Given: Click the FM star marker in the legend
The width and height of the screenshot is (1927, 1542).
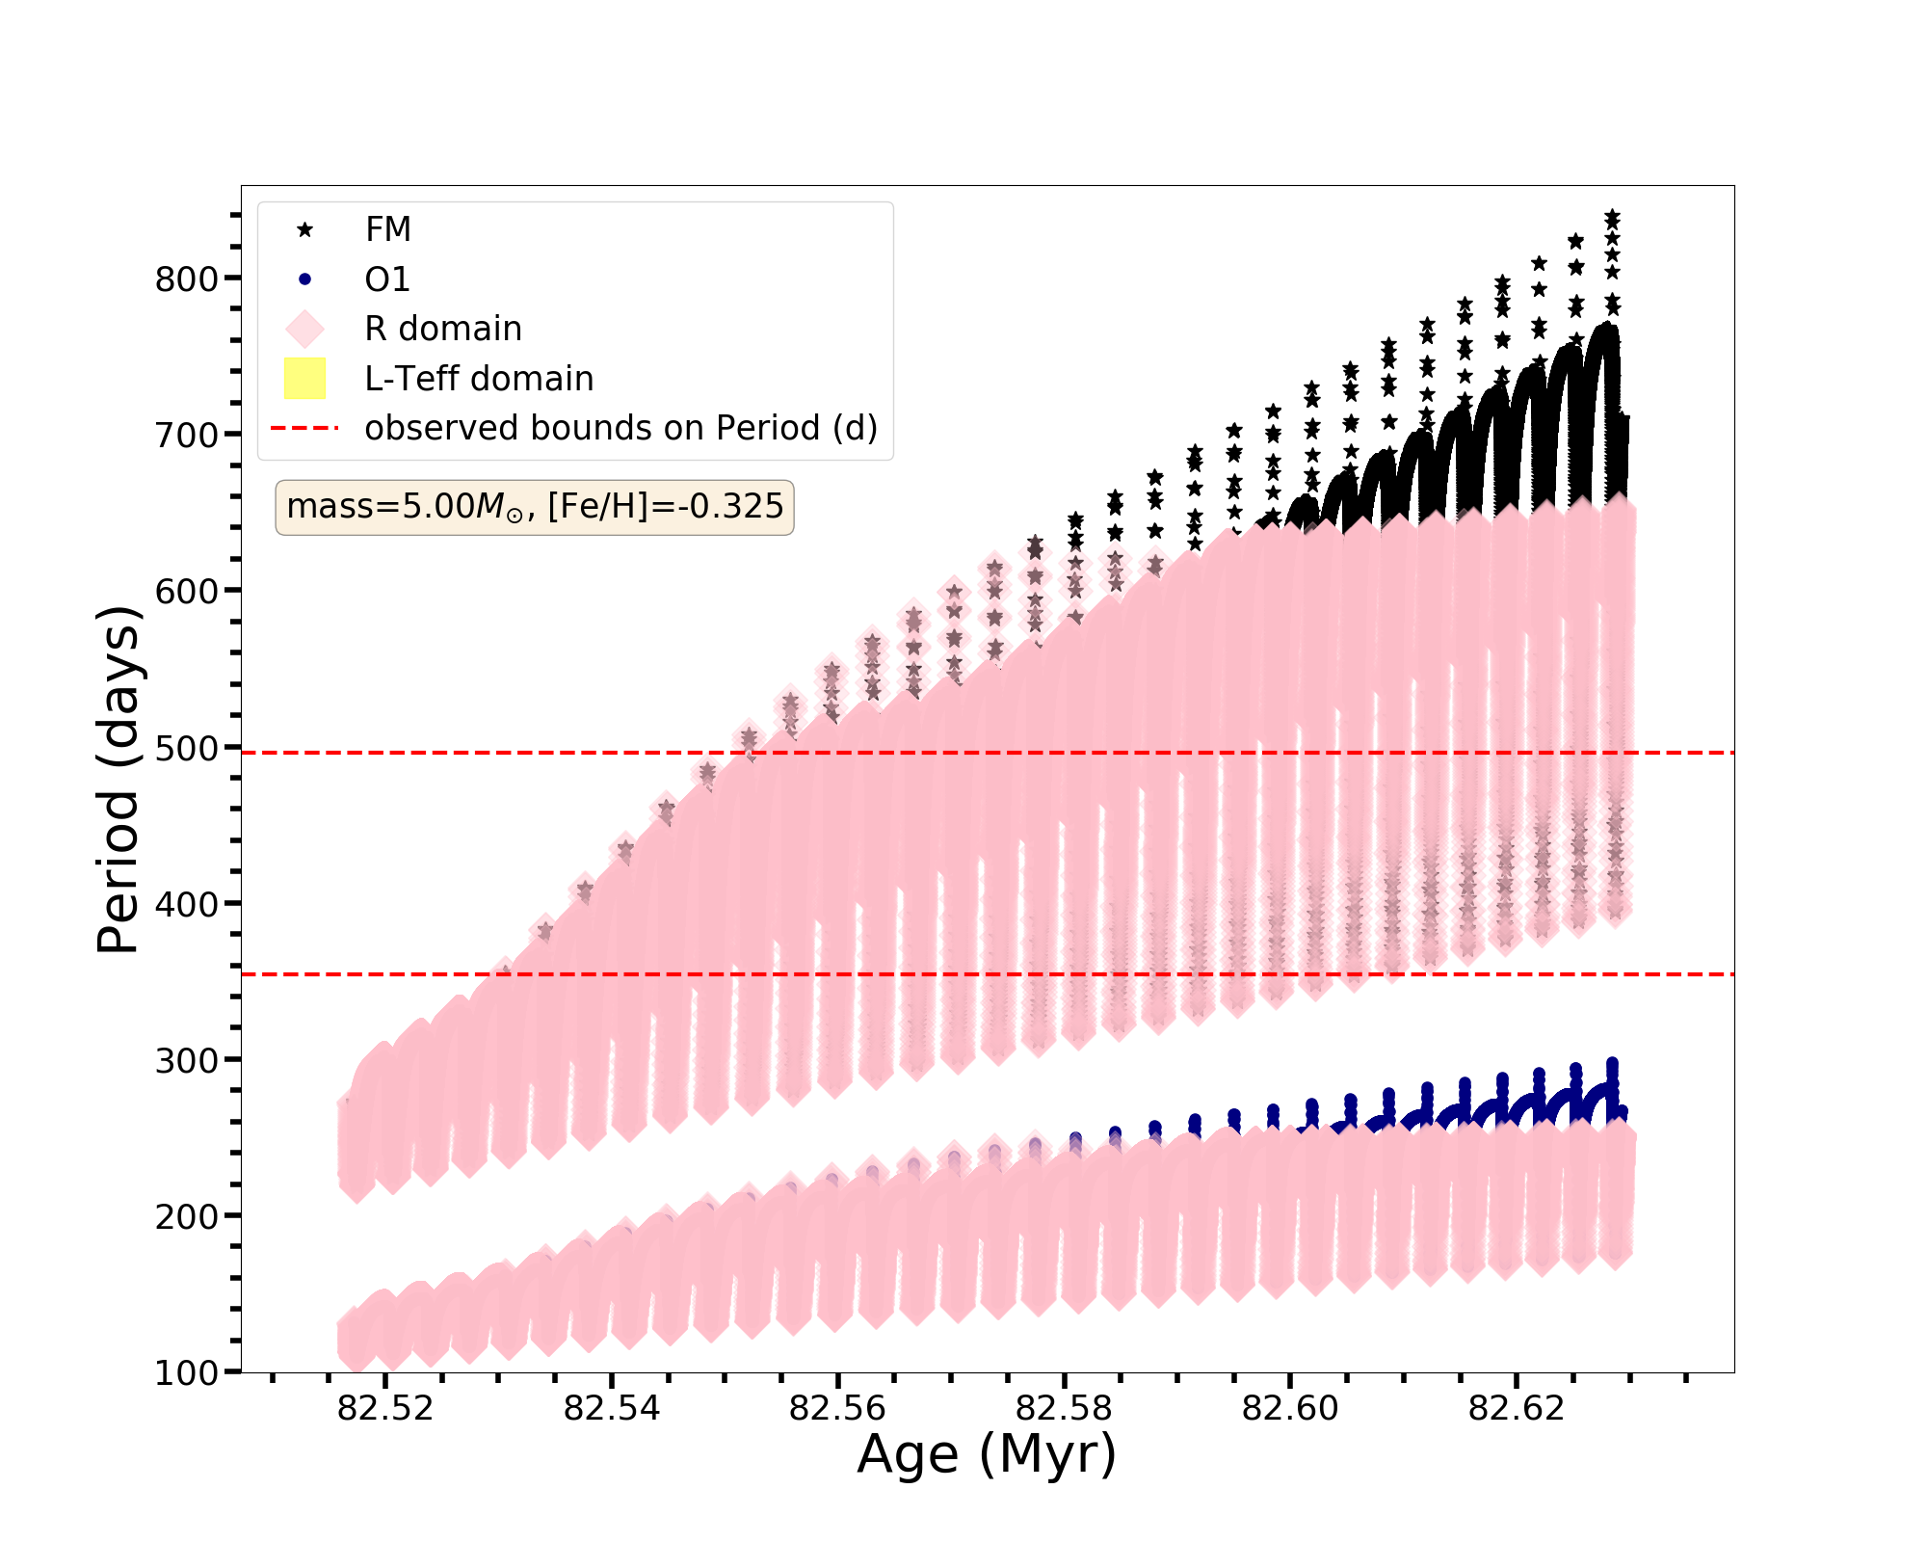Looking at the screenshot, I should (305, 229).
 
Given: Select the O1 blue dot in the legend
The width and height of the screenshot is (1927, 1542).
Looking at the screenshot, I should (305, 279).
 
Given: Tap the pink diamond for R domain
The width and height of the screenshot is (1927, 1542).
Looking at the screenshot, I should (305, 329).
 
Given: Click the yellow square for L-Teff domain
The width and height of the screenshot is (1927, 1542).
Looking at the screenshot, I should (305, 379).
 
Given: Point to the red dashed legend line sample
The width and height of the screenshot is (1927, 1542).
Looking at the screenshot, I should (305, 428).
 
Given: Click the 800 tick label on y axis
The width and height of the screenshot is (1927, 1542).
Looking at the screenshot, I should (186, 279).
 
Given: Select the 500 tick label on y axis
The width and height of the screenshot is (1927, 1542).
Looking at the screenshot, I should (186, 748).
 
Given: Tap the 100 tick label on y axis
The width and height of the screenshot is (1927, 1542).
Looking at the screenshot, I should (186, 1373).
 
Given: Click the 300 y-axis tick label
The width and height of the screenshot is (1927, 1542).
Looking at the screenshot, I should (186, 1060).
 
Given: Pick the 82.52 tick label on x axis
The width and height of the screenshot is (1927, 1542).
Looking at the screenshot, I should (385, 1409).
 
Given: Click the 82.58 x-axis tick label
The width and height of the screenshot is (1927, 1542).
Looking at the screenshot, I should (1065, 1409).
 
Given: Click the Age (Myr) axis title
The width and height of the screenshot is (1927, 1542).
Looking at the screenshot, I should (987, 1454).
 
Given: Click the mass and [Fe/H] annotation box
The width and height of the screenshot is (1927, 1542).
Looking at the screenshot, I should (535, 507).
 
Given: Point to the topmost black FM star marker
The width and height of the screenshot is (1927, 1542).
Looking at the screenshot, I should (1612, 217).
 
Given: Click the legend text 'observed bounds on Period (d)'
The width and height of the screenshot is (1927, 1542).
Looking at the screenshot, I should (621, 428).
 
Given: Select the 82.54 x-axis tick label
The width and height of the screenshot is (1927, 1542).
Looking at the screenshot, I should (612, 1409).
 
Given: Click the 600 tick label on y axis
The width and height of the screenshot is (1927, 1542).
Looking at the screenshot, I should (186, 591).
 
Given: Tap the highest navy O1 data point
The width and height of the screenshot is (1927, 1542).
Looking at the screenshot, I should (1612, 1064).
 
